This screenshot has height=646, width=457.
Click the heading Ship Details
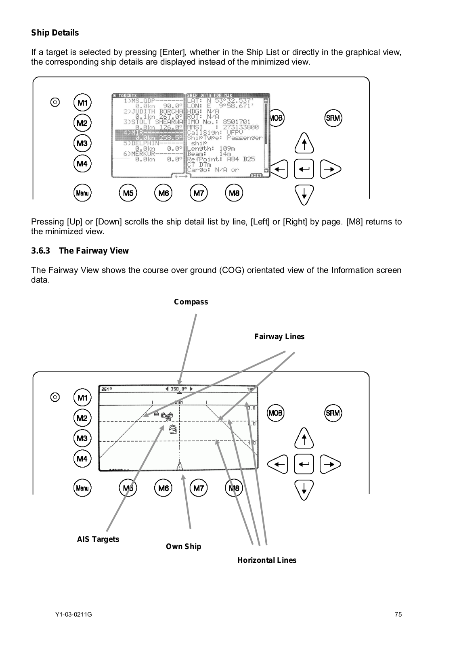tap(55, 33)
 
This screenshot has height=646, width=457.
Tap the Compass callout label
tap(191, 302)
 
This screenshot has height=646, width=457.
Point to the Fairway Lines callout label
tap(279, 337)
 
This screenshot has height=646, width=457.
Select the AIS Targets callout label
tap(98, 539)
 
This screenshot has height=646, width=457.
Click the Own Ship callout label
tap(183, 547)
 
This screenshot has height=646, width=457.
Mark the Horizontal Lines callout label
tap(267, 560)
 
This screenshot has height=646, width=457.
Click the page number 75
tap(398, 615)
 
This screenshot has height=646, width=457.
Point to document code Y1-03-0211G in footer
tap(73, 615)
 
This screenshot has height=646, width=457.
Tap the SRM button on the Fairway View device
tap(333, 413)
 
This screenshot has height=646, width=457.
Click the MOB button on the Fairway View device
tap(276, 413)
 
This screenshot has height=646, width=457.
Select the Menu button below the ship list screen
tap(82, 193)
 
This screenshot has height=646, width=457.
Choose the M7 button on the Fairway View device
tap(199, 488)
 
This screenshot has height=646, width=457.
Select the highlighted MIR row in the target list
tap(149, 135)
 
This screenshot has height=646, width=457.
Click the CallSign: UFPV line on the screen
tap(215, 132)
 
